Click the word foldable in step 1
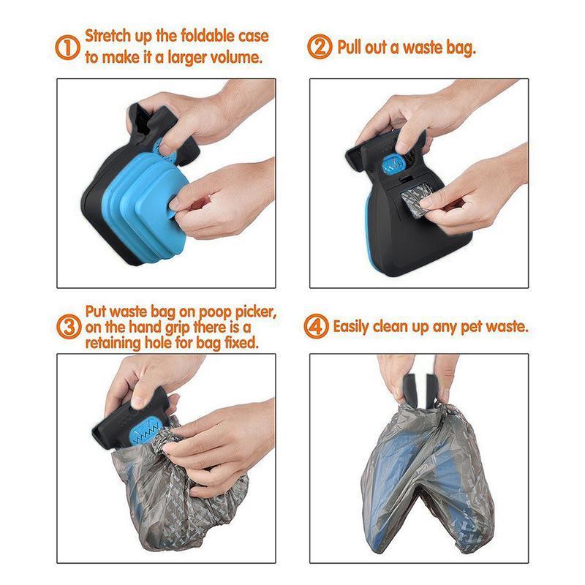(x=200, y=35)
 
